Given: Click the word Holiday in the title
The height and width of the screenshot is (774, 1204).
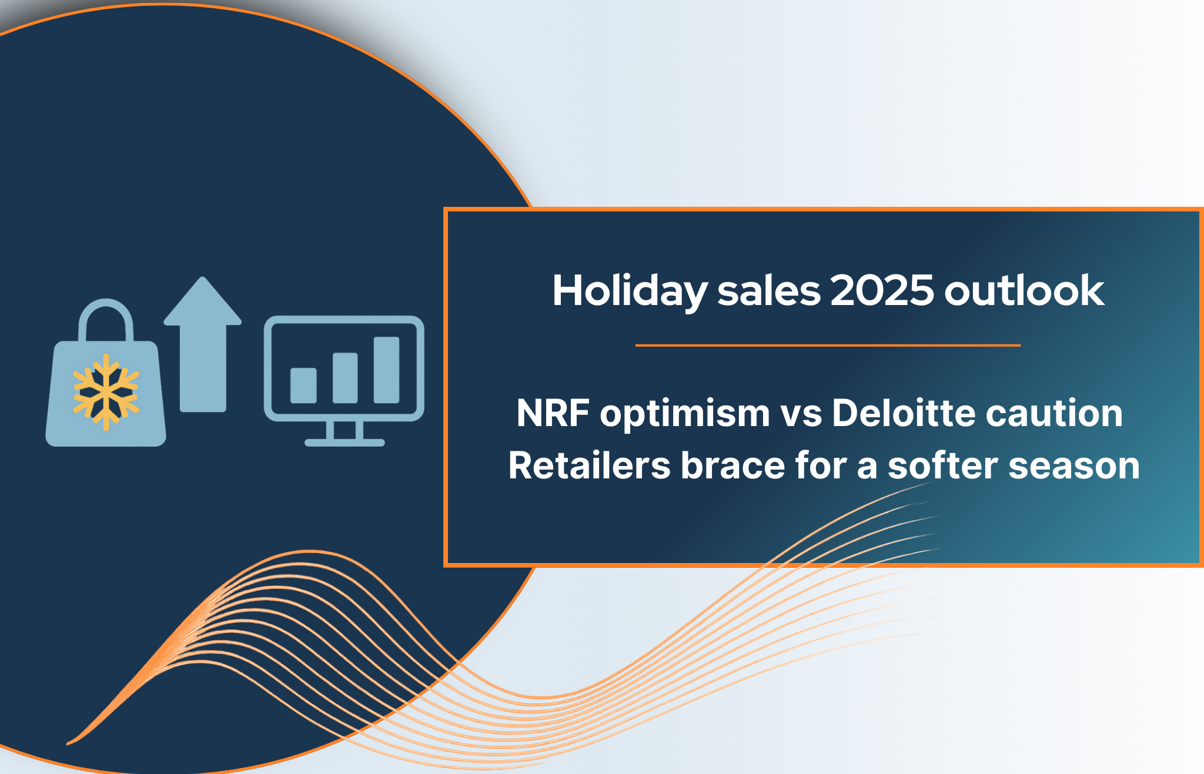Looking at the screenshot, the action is (x=630, y=291).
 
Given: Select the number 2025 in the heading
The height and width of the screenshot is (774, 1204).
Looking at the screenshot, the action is (x=882, y=290).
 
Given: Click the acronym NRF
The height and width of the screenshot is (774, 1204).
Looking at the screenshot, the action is (x=553, y=413).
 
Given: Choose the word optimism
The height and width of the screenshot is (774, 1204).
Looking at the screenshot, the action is (x=685, y=413).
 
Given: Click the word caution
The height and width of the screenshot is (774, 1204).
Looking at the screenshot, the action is (x=1055, y=413).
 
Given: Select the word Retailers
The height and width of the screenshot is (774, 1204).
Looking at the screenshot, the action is (x=590, y=465).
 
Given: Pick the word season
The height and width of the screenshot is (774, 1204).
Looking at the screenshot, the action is (x=1074, y=467).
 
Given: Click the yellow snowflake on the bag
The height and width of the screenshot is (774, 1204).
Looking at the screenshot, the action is (x=106, y=392).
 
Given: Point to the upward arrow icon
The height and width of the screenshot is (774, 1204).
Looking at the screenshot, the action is (x=203, y=344).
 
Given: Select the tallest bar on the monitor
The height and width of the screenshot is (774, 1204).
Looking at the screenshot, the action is (x=386, y=370).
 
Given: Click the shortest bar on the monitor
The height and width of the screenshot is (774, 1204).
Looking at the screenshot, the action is (x=303, y=386).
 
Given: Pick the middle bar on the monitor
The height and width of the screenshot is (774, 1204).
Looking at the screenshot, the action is (x=345, y=378).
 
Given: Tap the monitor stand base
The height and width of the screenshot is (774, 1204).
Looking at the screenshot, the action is (x=345, y=443).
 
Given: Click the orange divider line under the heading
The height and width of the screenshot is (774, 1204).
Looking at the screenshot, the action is (x=828, y=346).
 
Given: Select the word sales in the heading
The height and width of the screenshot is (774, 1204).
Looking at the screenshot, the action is (x=768, y=290).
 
